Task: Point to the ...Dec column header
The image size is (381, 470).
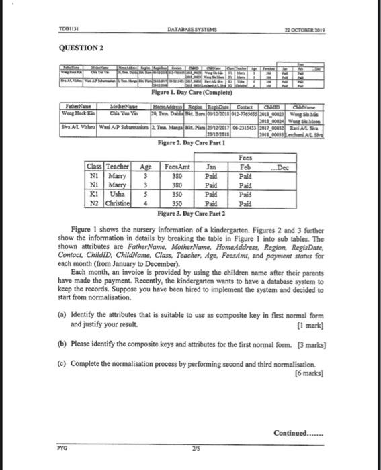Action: pos(282,168)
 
